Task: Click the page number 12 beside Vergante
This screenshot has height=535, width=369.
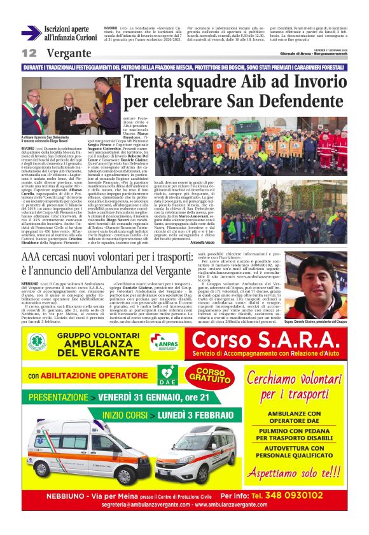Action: click(x=29, y=53)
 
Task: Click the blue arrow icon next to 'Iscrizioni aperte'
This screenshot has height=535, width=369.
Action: click(x=31, y=33)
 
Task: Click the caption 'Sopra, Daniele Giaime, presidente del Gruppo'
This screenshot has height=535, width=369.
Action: click(x=324, y=322)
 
